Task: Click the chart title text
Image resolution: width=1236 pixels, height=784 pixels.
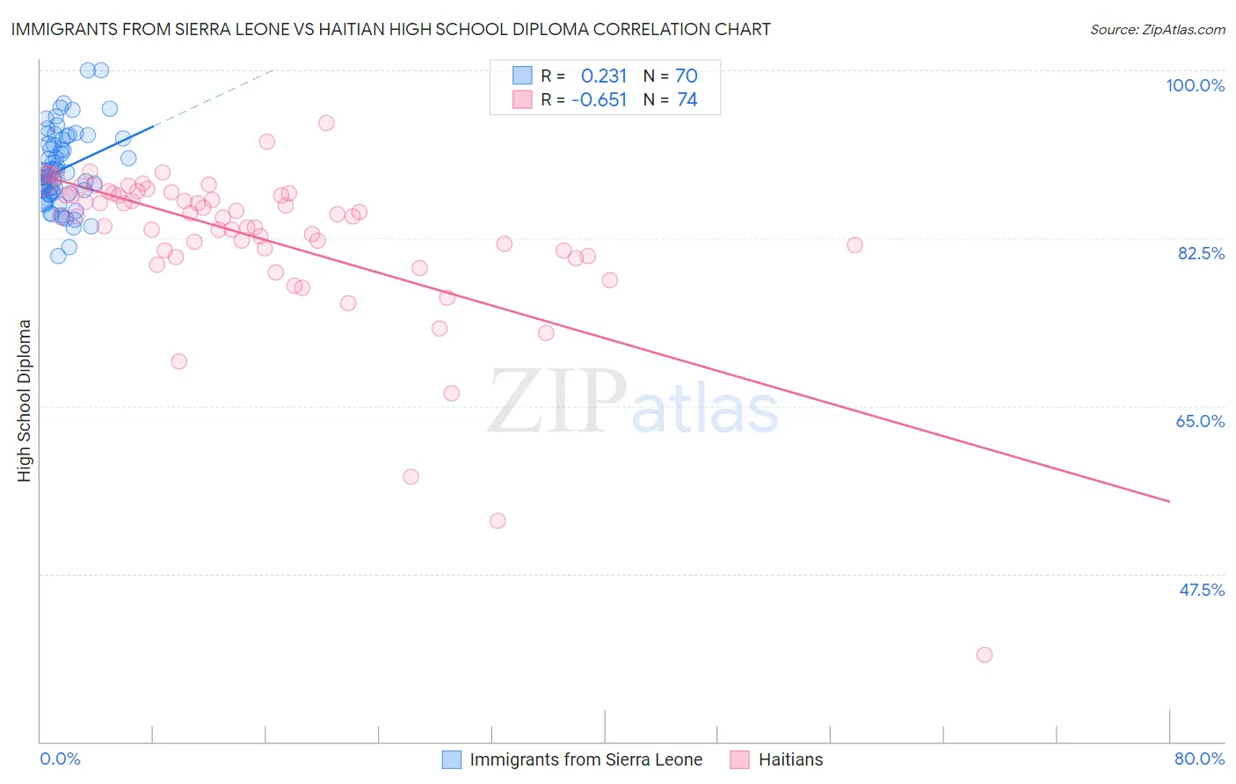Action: (x=390, y=29)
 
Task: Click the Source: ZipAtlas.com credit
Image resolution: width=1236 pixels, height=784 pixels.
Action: (x=1157, y=30)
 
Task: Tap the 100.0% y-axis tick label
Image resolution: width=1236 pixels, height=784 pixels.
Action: (x=1195, y=85)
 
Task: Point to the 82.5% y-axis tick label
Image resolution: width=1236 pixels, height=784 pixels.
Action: (x=1200, y=253)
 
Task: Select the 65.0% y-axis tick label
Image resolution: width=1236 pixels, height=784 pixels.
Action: (x=1200, y=421)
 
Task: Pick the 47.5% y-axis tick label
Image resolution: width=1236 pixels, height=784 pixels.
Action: (x=1201, y=590)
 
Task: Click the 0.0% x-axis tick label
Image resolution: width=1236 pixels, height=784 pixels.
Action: (x=60, y=759)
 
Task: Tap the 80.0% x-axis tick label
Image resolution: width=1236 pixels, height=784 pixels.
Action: (x=1199, y=759)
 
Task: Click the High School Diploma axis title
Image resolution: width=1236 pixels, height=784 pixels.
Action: (x=25, y=400)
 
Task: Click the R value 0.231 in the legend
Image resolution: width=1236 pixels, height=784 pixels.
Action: (x=604, y=76)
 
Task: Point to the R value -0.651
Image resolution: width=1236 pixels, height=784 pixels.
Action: (x=599, y=100)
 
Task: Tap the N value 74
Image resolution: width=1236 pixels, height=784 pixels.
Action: (x=687, y=100)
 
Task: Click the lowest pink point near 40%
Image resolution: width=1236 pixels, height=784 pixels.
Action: (x=985, y=655)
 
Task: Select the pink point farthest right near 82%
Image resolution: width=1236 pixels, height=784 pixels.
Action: (x=854, y=245)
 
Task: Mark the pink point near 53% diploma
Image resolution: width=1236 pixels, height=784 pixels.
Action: (x=498, y=520)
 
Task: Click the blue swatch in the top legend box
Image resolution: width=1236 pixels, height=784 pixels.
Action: (x=522, y=76)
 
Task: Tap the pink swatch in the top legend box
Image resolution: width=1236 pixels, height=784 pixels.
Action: (x=522, y=100)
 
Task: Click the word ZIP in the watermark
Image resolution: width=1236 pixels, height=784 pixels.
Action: (x=557, y=403)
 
